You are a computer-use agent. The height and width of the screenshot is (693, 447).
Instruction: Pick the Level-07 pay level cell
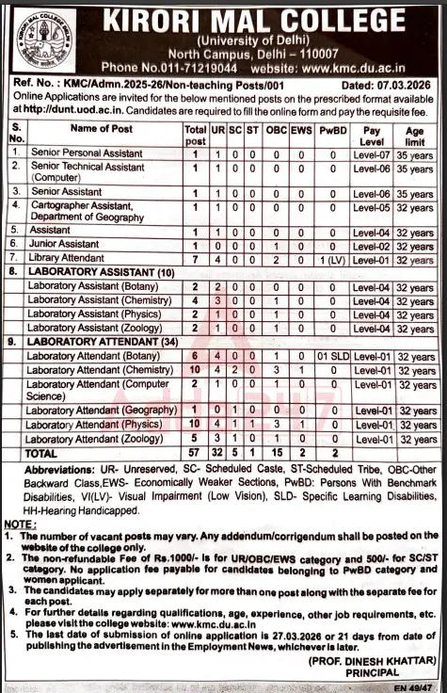point(372,152)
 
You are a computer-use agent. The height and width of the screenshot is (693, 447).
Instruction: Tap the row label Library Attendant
point(67,258)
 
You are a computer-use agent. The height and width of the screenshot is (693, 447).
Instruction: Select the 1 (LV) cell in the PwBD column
point(331,258)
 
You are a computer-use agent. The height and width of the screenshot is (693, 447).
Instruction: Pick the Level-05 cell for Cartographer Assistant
point(372,206)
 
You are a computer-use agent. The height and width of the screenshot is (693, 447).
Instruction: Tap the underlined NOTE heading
point(18,522)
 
